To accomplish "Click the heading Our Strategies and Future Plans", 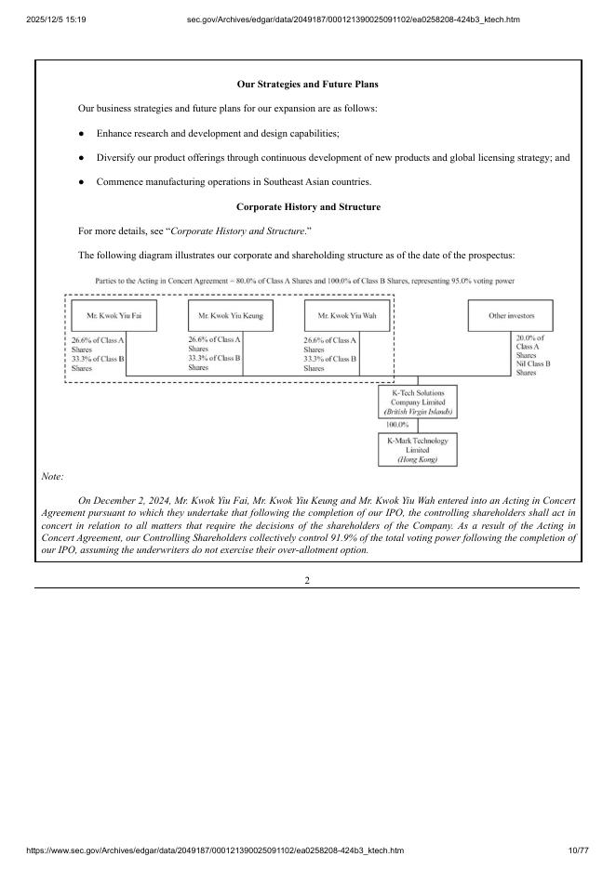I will (307, 85).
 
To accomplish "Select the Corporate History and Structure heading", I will (307, 206).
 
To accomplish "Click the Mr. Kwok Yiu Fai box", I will (114, 316).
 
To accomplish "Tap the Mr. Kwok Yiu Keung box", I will (230, 316).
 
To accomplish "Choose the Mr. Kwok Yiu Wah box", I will (347, 316).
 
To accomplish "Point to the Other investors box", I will (511, 316).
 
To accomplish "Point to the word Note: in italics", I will (53, 477).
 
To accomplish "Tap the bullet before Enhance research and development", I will (83, 134).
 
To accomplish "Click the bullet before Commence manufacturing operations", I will (83, 181).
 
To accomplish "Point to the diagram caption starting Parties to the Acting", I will (306, 280).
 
